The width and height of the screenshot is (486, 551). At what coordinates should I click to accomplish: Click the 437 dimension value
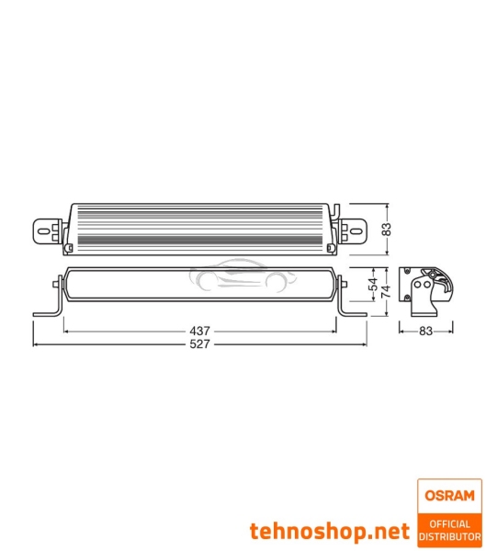(x=201, y=330)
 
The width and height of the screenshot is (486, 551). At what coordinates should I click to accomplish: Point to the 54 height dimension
(x=372, y=285)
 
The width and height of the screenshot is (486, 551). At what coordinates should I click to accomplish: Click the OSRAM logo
(x=449, y=493)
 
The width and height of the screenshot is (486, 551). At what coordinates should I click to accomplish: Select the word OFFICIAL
(x=449, y=524)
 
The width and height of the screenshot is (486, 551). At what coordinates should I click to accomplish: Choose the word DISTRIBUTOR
(x=449, y=536)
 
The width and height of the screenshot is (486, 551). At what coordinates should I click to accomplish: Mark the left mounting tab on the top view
(x=47, y=229)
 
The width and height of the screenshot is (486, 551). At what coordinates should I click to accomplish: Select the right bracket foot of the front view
(x=353, y=312)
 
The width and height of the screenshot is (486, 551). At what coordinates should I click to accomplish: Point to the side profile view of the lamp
(x=428, y=293)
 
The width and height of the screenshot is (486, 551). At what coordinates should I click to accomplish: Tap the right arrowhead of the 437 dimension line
(x=337, y=330)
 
